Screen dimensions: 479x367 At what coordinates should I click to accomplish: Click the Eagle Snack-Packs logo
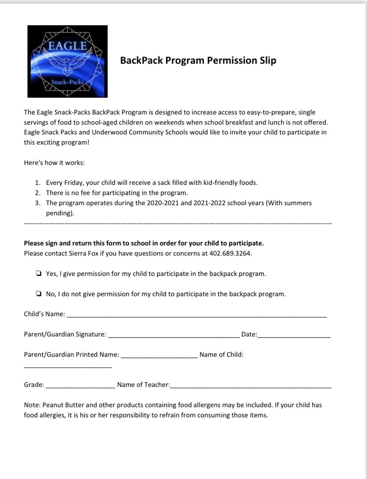[67, 61]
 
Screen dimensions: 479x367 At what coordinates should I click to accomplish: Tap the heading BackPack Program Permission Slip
[198, 61]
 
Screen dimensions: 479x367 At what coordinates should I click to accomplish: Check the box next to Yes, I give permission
[38, 274]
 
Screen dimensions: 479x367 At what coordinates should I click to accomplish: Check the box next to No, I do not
[38, 294]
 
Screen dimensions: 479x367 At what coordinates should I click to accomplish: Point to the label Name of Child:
[221, 354]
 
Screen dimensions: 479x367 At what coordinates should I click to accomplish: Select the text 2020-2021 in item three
[152, 203]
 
